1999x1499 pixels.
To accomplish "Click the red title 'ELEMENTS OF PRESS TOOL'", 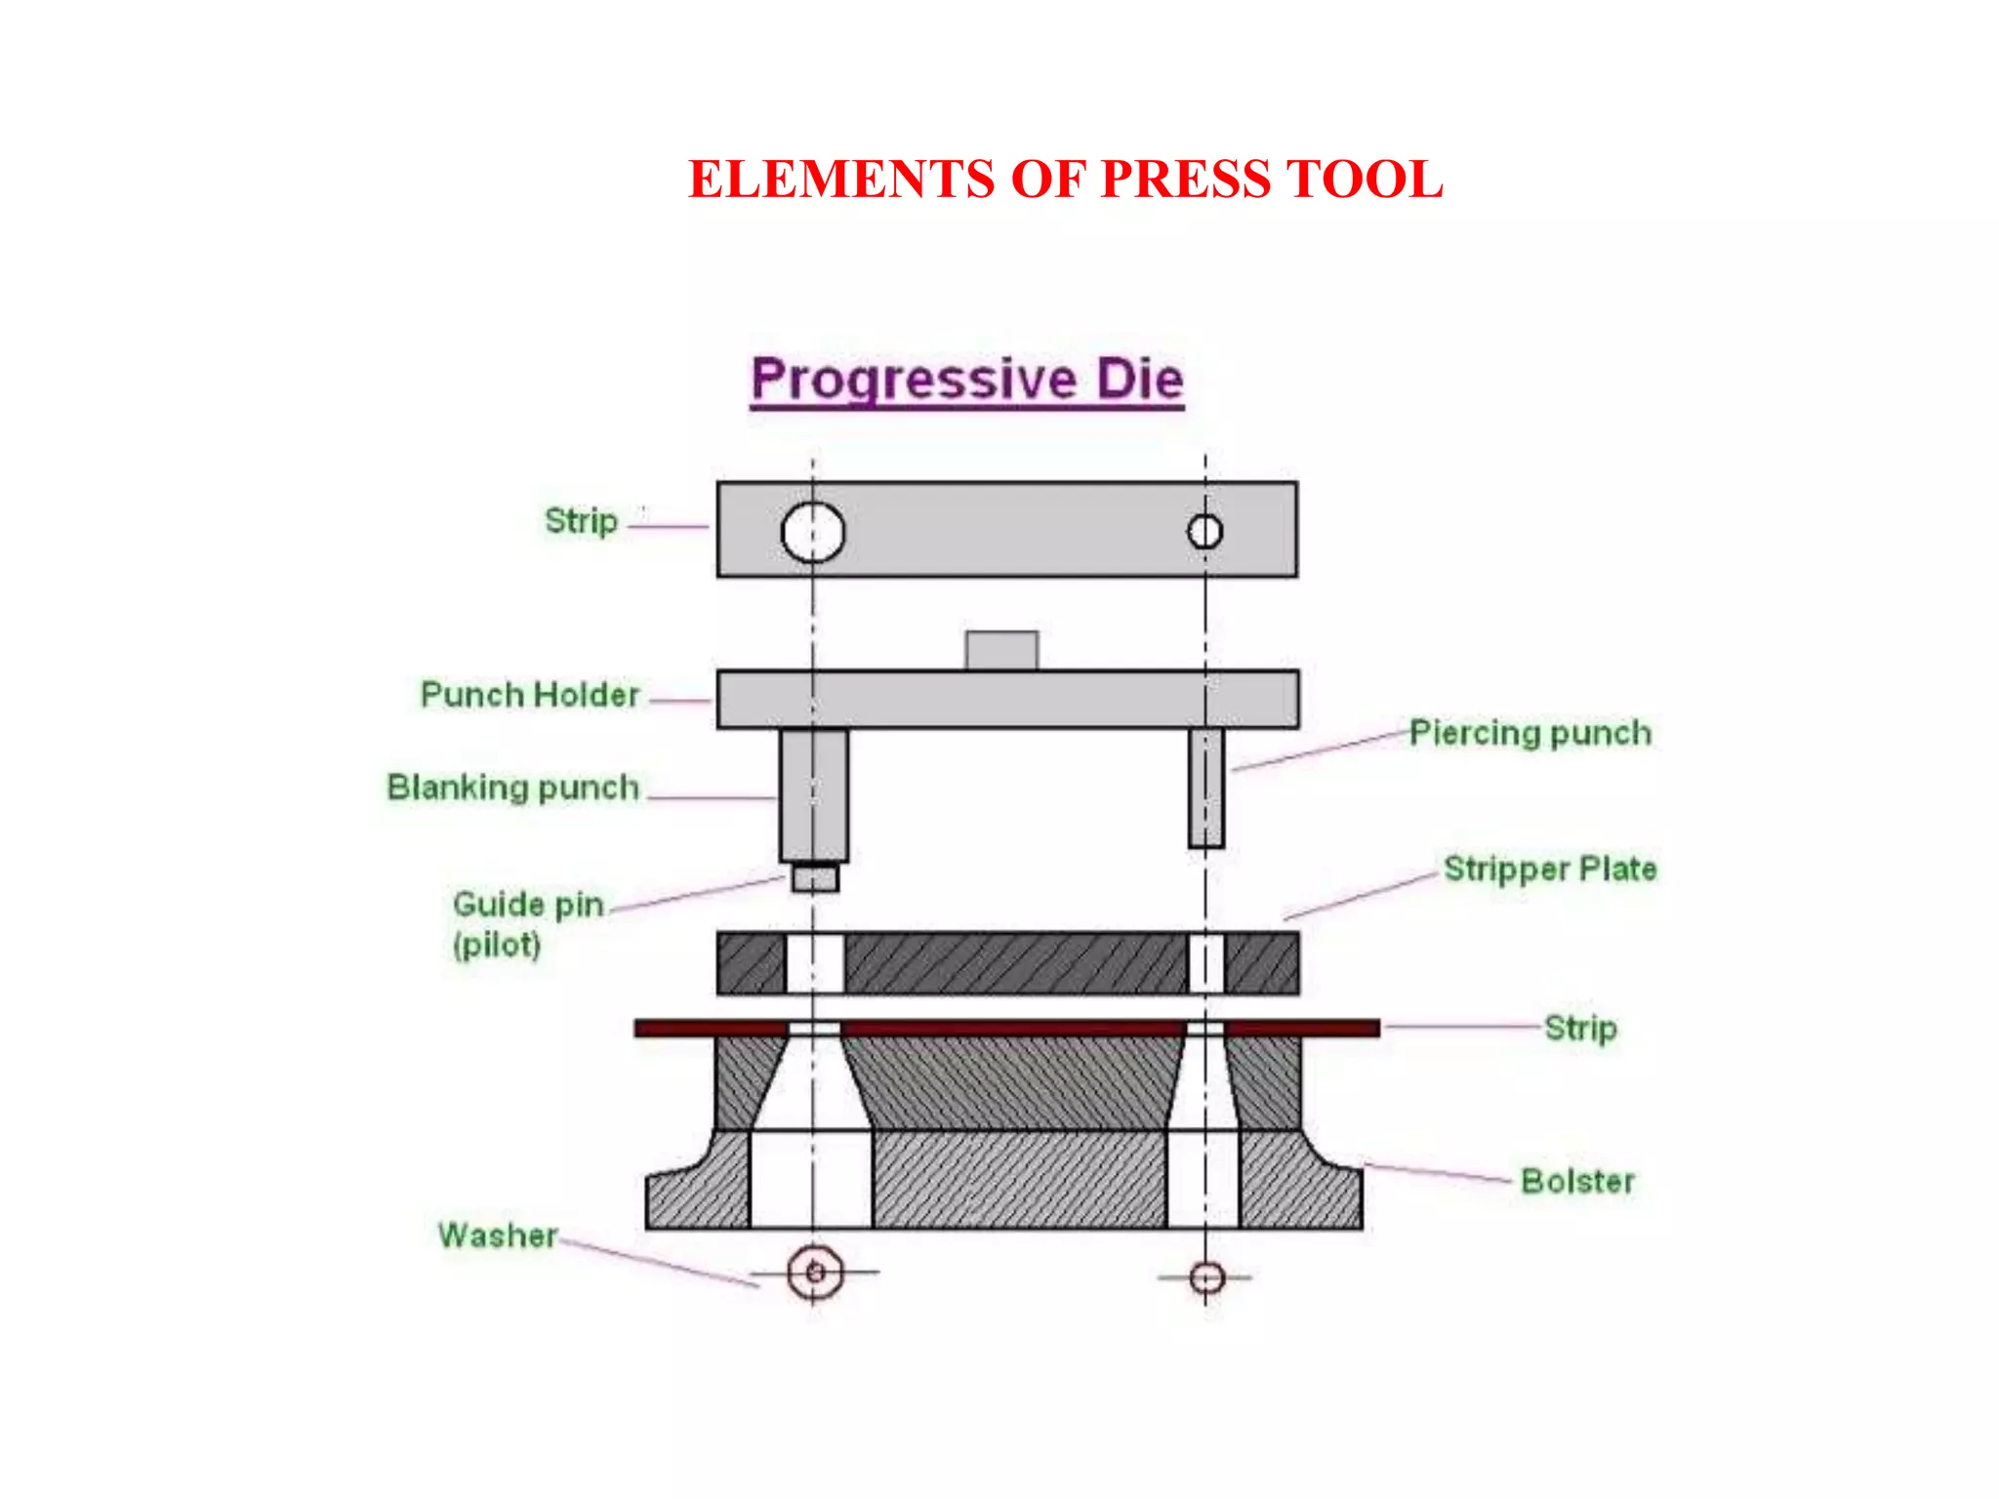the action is pyautogui.click(x=1065, y=180).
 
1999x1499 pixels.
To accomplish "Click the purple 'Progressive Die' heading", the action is pyautogui.click(x=967, y=380).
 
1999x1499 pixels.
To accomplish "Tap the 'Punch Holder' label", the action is pyautogui.click(x=530, y=695).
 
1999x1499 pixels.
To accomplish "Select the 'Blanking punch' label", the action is pyautogui.click(x=513, y=788).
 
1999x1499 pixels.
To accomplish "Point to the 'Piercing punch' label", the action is pyautogui.click(x=1530, y=733).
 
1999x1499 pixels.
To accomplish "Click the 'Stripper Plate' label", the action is pyautogui.click(x=1550, y=869).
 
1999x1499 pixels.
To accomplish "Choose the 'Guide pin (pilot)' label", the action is pyautogui.click(x=527, y=923).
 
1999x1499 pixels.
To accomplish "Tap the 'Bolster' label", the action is pyautogui.click(x=1577, y=1181).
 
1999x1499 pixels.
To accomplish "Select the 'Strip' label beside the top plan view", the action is pyautogui.click(x=581, y=521).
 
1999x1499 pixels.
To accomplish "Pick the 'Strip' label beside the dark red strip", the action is pyautogui.click(x=1580, y=1028).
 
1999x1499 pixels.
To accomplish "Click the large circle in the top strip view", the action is pyautogui.click(x=813, y=532).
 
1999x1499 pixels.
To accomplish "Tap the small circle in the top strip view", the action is pyautogui.click(x=1204, y=532).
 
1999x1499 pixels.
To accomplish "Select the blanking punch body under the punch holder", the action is pyautogui.click(x=814, y=795).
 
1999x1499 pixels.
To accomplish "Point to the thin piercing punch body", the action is pyautogui.click(x=1206, y=788).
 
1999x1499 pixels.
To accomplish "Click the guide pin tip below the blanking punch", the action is pyautogui.click(x=815, y=877).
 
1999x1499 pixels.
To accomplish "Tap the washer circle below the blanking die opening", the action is pyautogui.click(x=815, y=1272).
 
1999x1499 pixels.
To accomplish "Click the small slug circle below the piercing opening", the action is pyautogui.click(x=1207, y=1277).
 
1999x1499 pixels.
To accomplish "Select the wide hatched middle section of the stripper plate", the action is pyautogui.click(x=1015, y=963).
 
